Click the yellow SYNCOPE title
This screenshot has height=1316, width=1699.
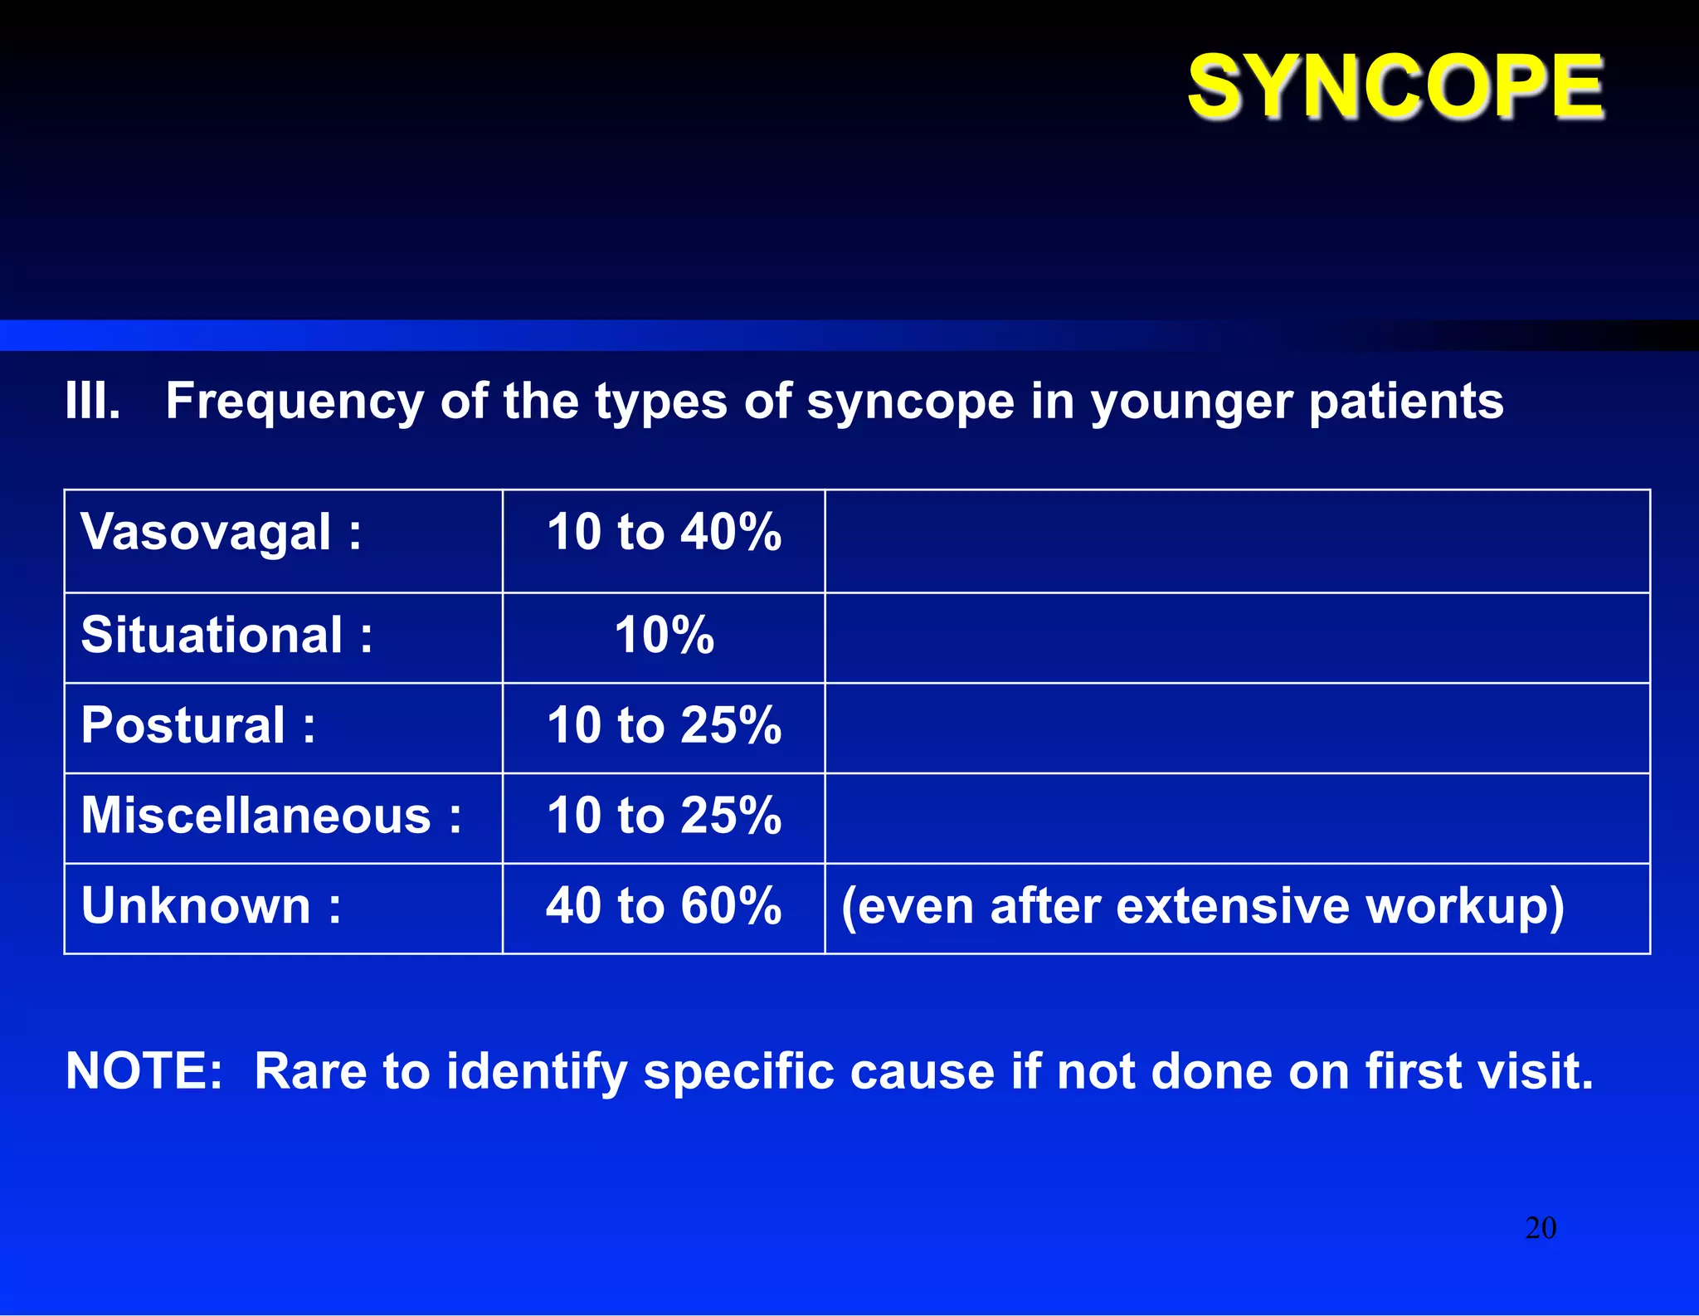click(1395, 86)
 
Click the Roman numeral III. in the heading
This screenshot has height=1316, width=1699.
click(93, 402)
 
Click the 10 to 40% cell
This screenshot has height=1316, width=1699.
click(664, 532)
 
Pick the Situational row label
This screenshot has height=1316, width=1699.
click(226, 636)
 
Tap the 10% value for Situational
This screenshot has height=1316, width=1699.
click(664, 636)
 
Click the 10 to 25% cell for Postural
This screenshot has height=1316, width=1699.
click(664, 725)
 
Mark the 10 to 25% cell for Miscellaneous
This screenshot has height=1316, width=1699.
click(664, 816)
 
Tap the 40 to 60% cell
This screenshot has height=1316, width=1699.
click(664, 905)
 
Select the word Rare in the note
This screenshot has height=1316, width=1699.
click(310, 1071)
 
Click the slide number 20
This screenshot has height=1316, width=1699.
click(1541, 1228)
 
